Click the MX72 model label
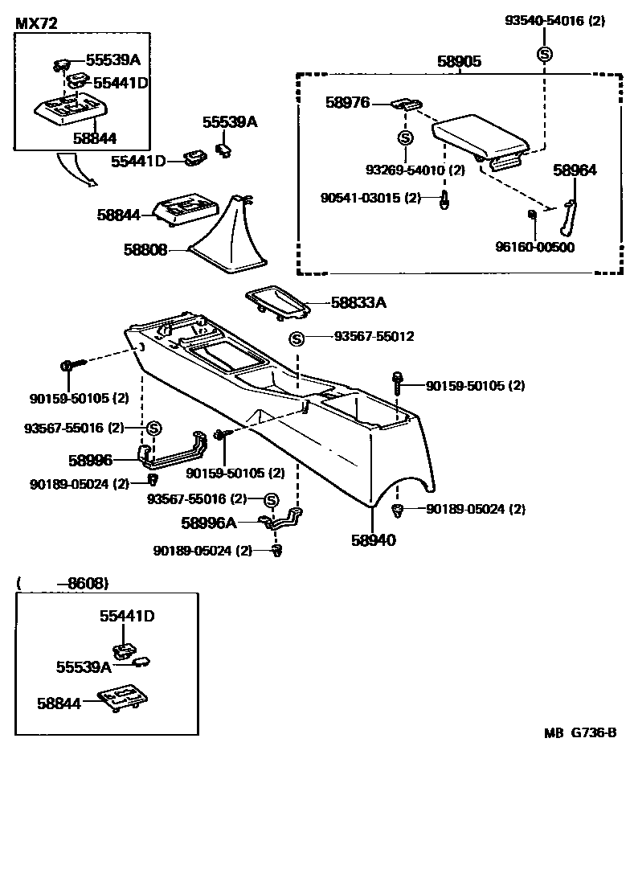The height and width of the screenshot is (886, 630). (36, 24)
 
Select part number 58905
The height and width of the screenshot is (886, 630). (459, 61)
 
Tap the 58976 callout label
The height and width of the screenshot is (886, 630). (347, 102)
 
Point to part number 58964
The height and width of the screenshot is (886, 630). (575, 170)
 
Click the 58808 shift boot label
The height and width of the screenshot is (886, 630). (145, 250)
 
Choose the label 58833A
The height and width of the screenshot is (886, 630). (358, 303)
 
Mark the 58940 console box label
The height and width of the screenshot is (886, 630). (373, 540)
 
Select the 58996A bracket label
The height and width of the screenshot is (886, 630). (209, 523)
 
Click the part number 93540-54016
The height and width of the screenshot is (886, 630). (554, 22)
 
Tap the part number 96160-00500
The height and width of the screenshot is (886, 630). (534, 247)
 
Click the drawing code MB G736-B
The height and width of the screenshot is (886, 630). (579, 732)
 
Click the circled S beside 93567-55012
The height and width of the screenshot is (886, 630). (297, 338)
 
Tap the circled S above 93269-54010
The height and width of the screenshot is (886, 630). (406, 137)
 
